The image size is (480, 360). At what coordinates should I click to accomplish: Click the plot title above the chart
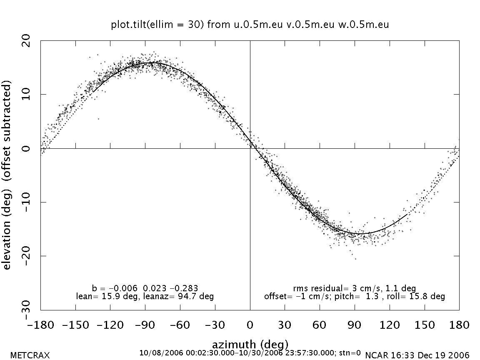[x=250, y=25]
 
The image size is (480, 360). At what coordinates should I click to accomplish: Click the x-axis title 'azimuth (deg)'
[x=250, y=345]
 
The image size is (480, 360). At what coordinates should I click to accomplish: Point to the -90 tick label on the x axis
[x=145, y=325]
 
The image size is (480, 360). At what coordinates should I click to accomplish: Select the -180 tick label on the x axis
[x=40, y=325]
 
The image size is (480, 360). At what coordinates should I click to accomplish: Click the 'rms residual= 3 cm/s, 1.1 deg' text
[x=354, y=288]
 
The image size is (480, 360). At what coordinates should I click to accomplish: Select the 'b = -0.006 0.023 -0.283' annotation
[x=145, y=288]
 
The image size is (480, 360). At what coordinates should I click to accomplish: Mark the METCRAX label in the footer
[x=30, y=355]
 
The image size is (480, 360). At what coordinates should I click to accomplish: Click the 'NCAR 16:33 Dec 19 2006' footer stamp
[x=417, y=355]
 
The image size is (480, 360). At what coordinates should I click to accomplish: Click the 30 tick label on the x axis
[x=285, y=325]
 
